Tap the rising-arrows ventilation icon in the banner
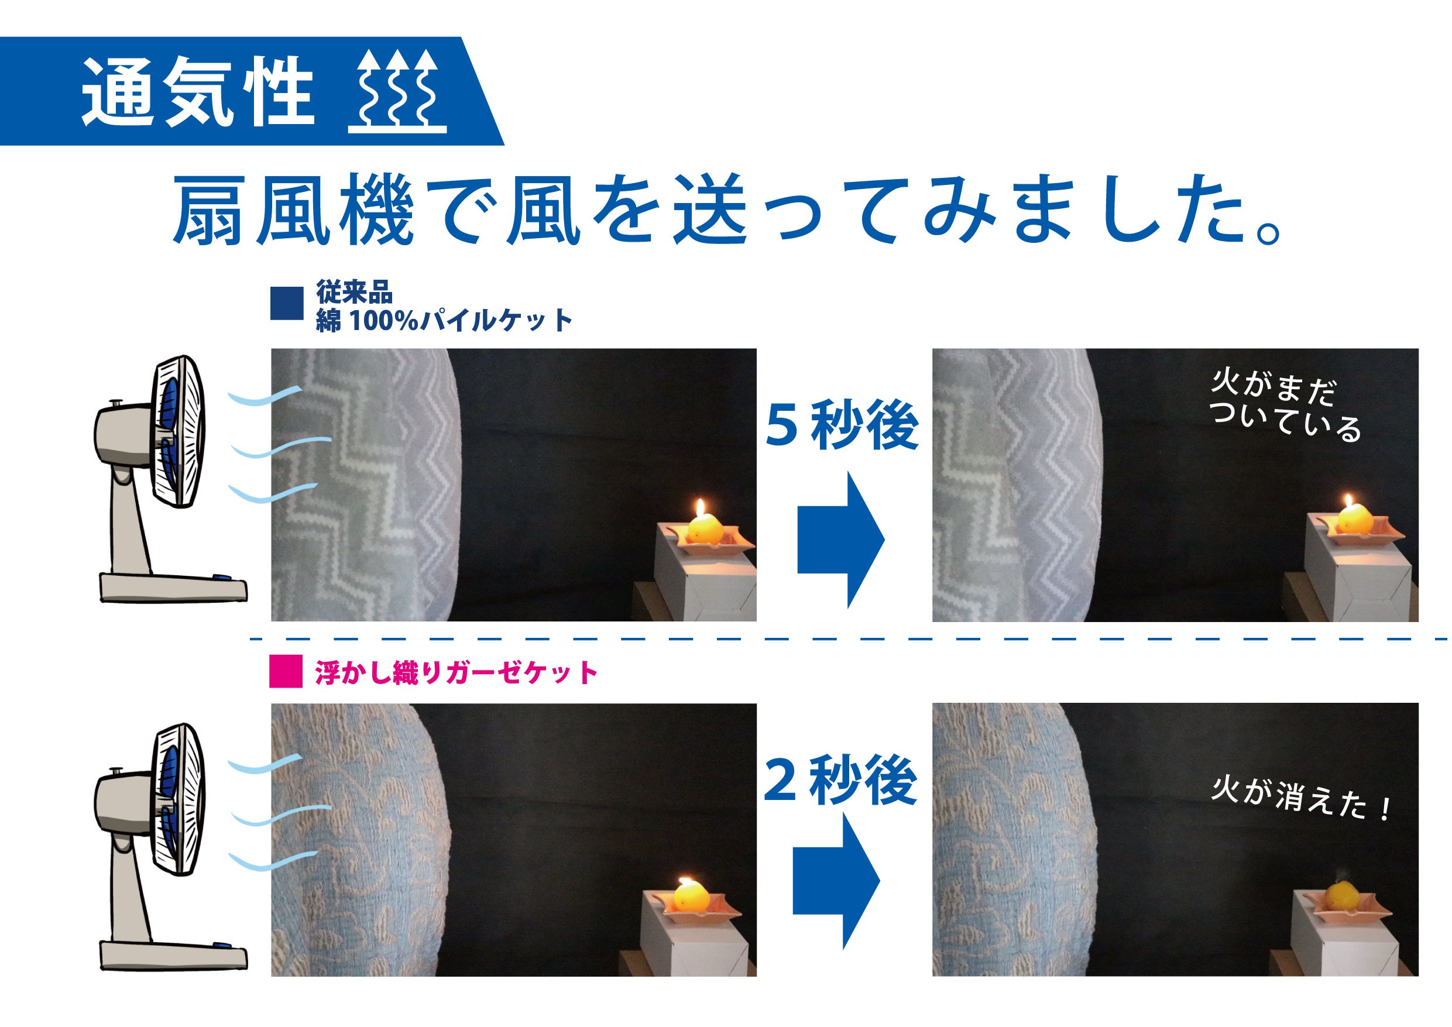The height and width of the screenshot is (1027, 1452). [398, 92]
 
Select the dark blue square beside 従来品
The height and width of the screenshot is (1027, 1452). [287, 304]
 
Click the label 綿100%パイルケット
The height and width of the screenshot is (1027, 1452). [444, 321]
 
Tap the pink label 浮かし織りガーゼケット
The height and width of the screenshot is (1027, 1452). [456, 672]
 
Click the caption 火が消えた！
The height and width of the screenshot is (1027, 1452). [1300, 800]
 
